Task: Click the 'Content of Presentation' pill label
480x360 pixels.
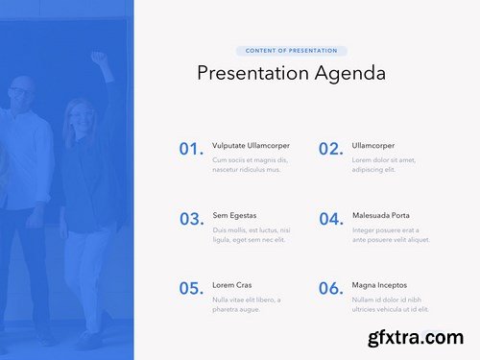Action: tap(291, 51)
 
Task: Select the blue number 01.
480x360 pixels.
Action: tap(191, 149)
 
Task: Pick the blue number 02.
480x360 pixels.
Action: tap(330, 149)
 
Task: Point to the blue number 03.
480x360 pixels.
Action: tap(191, 219)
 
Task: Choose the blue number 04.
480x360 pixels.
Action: tap(330, 219)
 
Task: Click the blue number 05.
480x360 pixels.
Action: tap(191, 288)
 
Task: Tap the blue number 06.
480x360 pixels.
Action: tap(330, 288)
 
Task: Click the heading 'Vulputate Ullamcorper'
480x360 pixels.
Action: tap(251, 146)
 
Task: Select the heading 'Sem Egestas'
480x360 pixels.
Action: tap(234, 215)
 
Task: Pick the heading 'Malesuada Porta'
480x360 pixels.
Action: tap(380, 215)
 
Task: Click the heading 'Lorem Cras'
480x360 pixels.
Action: tap(231, 285)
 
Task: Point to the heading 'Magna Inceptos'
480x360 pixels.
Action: tap(379, 285)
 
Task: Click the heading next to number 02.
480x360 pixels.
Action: tap(372, 146)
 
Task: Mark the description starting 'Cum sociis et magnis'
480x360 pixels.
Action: tap(249, 164)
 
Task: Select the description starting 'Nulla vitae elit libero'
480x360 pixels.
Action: tap(249, 303)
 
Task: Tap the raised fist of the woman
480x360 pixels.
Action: tap(97, 58)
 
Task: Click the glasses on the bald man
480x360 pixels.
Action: tap(20, 91)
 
